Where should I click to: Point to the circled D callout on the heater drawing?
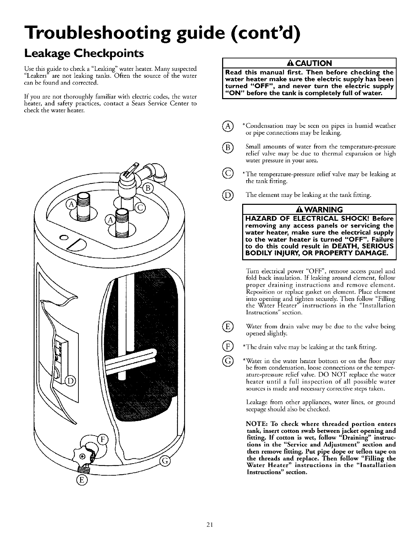(x=70, y=381)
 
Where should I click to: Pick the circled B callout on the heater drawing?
(x=148, y=189)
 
